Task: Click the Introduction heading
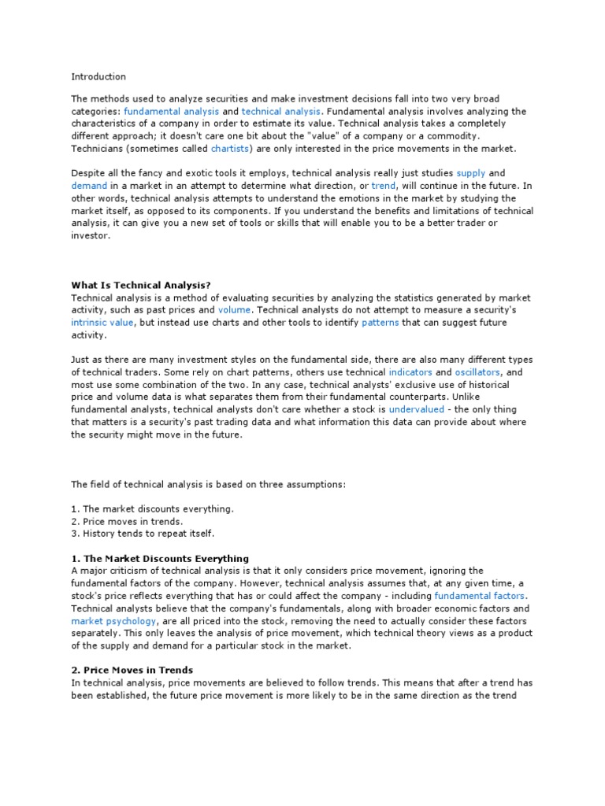point(98,76)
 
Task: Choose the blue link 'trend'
point(384,185)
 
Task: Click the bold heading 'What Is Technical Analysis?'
point(142,285)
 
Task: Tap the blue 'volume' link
point(234,310)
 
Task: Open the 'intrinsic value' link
point(103,323)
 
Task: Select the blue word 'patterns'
point(380,323)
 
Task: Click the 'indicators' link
point(410,372)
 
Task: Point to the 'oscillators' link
point(479,372)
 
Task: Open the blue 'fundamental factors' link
point(479,596)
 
